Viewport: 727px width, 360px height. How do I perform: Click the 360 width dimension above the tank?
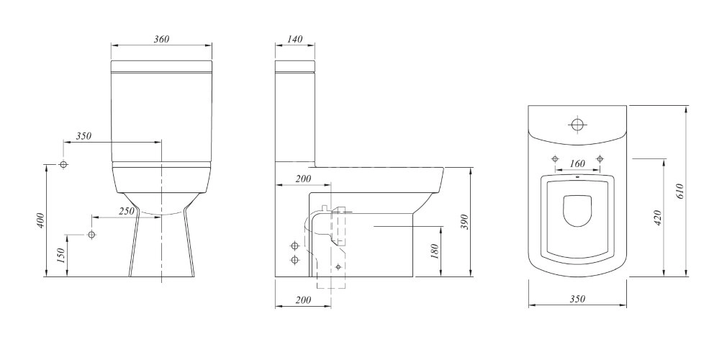click(161, 39)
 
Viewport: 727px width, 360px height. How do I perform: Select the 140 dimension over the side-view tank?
click(295, 39)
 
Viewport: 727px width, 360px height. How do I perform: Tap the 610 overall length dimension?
click(680, 192)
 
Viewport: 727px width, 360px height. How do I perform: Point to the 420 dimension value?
click(658, 217)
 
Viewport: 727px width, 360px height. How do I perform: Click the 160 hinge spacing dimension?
click(577, 163)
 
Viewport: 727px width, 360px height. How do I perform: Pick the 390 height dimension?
click(465, 222)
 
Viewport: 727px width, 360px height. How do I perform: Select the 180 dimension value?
click(435, 251)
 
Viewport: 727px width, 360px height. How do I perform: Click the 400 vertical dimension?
click(40, 220)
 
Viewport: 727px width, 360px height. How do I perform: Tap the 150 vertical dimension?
click(60, 256)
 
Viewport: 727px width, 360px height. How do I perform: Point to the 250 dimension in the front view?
click(127, 211)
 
